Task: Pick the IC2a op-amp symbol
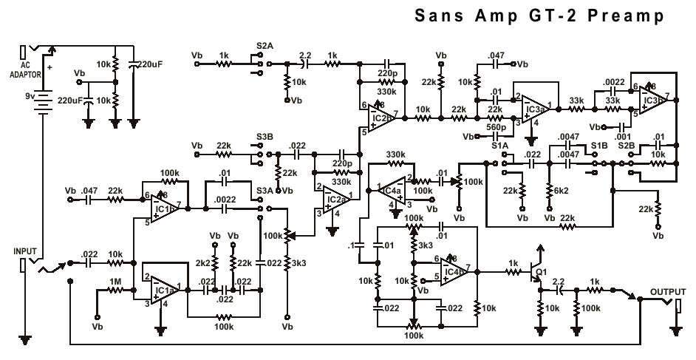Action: click(334, 197)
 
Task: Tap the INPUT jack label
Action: click(25, 251)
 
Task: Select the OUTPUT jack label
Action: click(668, 293)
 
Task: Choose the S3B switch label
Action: click(263, 136)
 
